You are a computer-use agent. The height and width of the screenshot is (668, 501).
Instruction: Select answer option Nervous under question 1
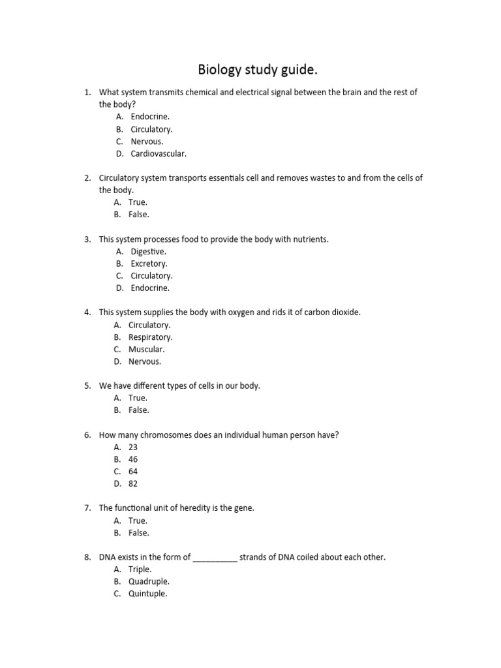[x=147, y=142]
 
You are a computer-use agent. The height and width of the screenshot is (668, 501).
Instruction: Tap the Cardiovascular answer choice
[x=159, y=154]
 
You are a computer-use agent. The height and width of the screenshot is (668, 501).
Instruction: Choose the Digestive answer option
[x=148, y=252]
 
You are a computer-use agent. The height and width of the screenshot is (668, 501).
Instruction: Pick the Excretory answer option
[x=149, y=264]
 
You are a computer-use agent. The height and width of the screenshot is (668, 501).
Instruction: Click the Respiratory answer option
[x=150, y=337]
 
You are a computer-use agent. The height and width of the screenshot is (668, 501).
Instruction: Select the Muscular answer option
[x=146, y=350]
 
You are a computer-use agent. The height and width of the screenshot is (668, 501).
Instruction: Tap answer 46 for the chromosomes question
[x=133, y=459]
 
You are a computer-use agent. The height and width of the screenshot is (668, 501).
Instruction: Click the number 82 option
[x=133, y=484]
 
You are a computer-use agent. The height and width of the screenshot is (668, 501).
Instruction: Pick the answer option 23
[x=133, y=448]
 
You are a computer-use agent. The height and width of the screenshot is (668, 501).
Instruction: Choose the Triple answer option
[x=140, y=569]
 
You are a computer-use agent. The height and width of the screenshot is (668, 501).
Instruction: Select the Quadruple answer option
[x=149, y=581]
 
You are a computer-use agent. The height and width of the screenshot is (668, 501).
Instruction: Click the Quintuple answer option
[x=147, y=594]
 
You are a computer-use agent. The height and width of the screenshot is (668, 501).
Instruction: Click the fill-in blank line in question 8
[x=215, y=558]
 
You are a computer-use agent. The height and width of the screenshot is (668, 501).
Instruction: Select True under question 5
[x=138, y=398]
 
